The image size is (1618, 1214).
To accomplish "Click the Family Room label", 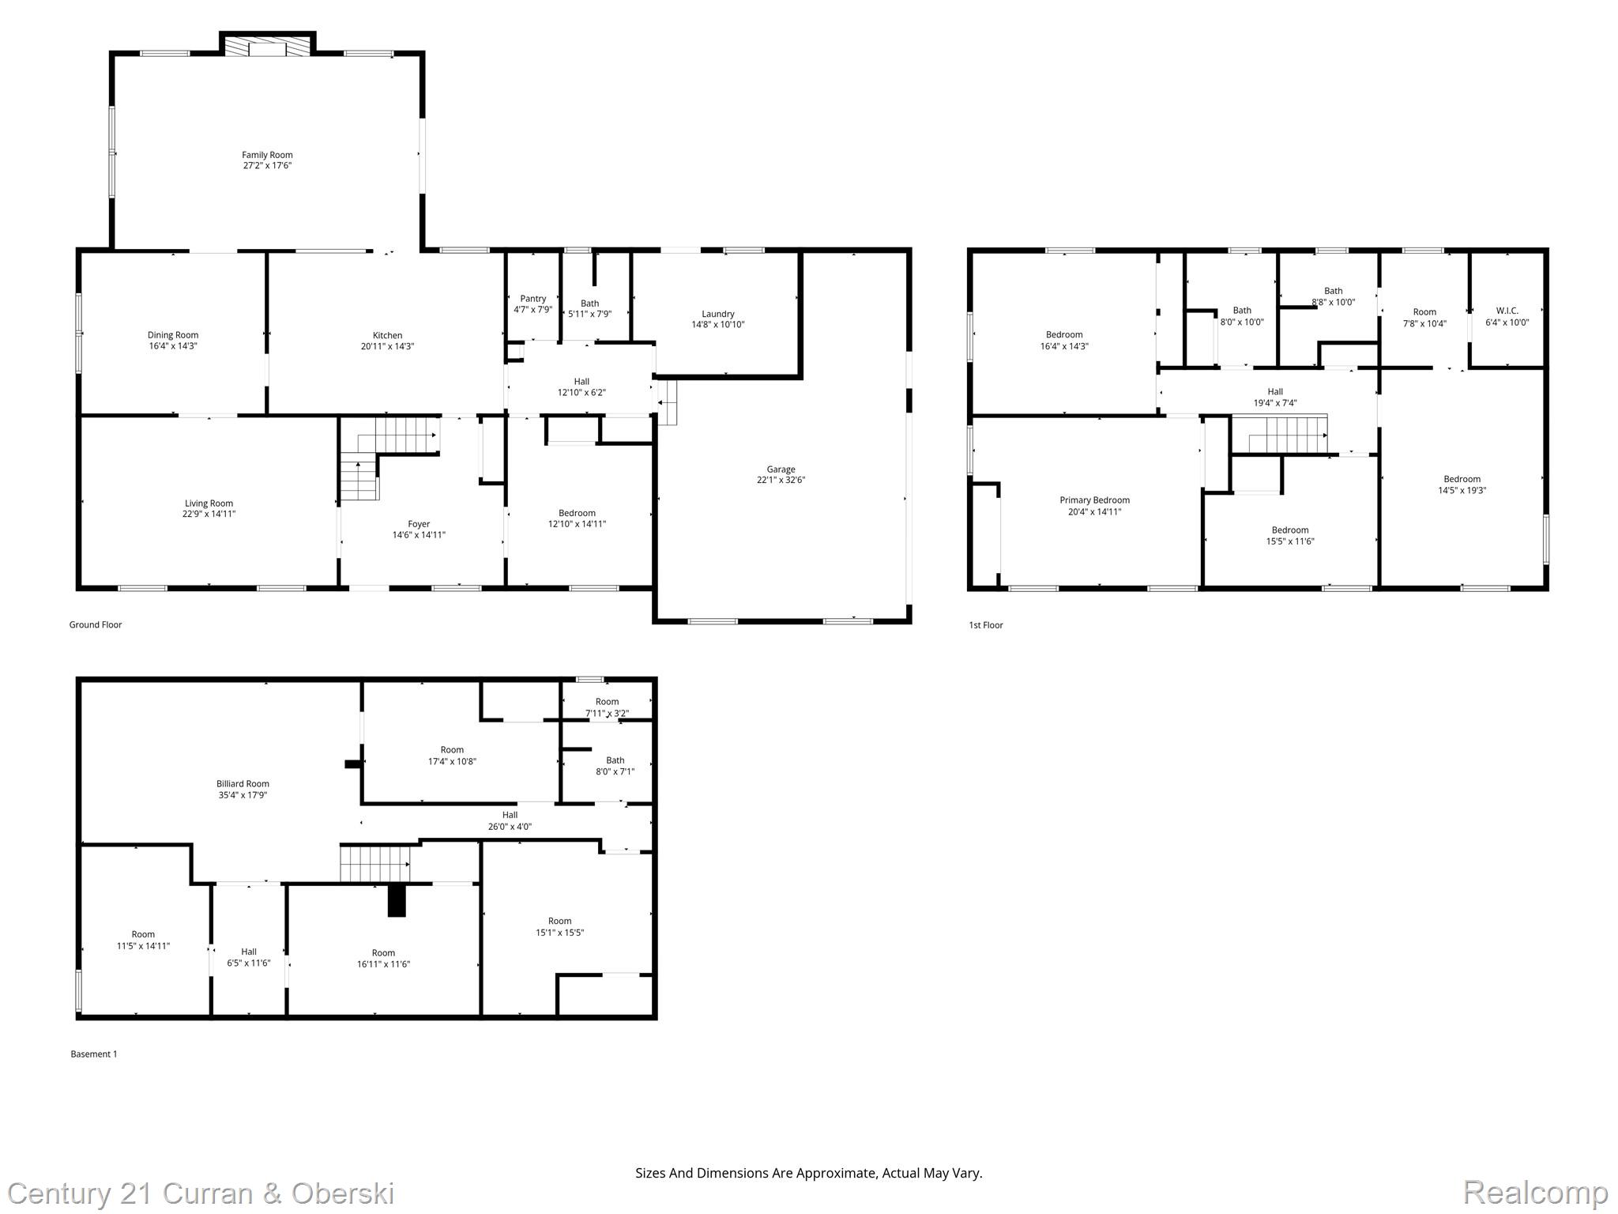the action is [x=267, y=155].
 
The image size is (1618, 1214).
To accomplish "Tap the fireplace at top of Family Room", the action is [x=267, y=45].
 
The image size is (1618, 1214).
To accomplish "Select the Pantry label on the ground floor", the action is [x=533, y=299].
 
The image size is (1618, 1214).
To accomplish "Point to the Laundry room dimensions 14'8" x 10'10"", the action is [x=718, y=325].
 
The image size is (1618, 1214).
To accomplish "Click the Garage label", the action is [x=781, y=469].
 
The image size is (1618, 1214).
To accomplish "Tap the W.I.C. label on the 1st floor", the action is [x=1507, y=311].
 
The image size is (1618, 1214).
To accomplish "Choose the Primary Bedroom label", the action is [x=1094, y=500].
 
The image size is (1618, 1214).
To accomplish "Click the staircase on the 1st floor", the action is [x=1279, y=435].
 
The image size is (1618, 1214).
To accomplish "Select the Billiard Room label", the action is [x=243, y=784].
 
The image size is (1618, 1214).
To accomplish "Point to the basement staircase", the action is [x=376, y=863].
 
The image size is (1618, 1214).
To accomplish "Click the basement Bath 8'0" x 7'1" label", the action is [x=615, y=766].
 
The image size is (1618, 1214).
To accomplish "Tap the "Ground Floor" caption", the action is [x=96, y=624].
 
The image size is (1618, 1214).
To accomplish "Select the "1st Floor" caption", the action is [x=986, y=625].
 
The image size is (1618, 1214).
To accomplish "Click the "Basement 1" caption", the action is [x=94, y=1054].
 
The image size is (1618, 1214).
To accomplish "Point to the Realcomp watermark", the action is [x=1535, y=1192].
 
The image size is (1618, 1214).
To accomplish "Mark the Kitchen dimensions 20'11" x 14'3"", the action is [x=387, y=346].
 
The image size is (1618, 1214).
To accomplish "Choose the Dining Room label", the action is [x=173, y=335].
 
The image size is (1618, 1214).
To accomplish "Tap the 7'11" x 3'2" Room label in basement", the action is [x=607, y=707].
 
